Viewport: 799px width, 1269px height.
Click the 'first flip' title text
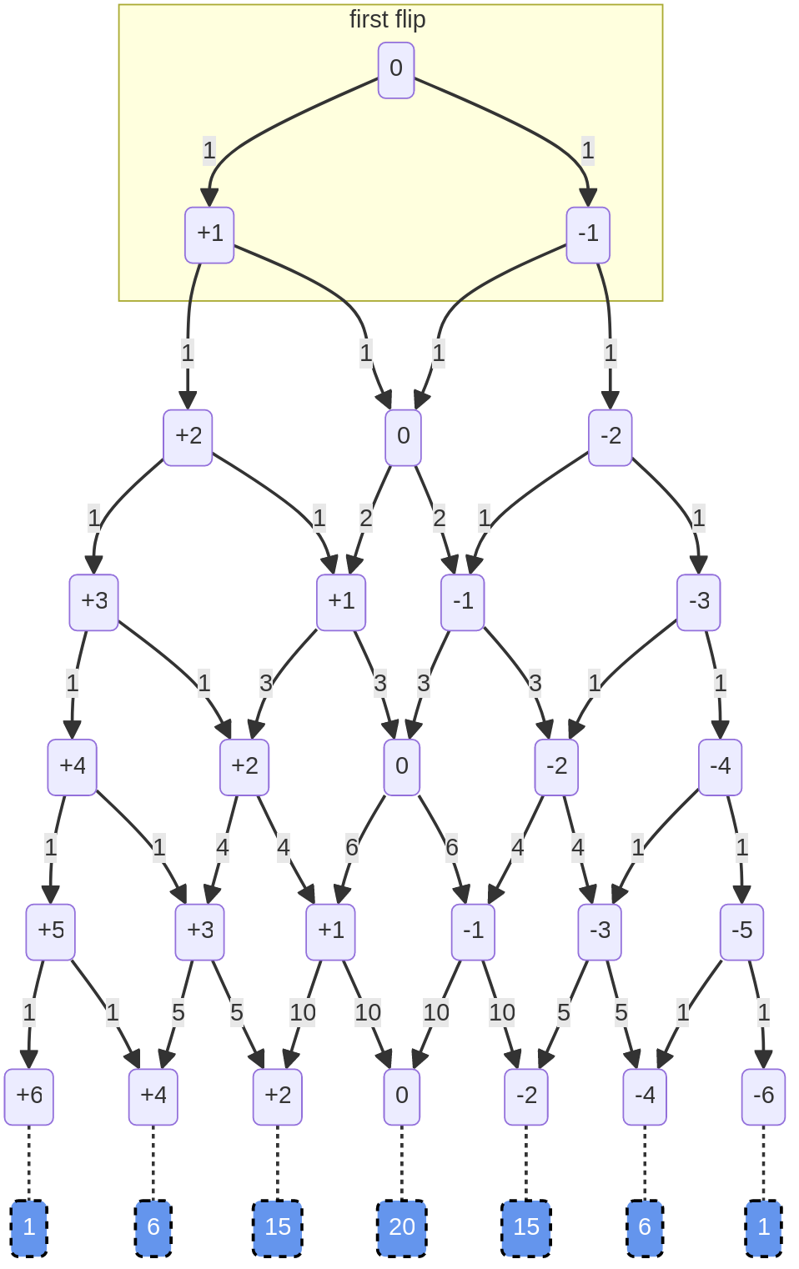click(387, 19)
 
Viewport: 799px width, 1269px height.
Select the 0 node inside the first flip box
click(396, 70)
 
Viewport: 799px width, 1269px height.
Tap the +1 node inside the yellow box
click(209, 234)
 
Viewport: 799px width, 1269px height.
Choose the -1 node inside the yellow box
click(588, 234)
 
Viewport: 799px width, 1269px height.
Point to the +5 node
click(51, 931)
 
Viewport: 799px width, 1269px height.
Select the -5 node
click(741, 931)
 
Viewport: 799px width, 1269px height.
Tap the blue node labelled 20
click(402, 1227)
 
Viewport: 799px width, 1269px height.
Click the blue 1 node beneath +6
click(29, 1227)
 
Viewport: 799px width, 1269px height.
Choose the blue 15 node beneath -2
click(526, 1227)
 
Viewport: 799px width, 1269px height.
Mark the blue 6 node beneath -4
click(645, 1227)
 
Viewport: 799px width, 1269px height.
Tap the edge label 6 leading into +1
click(352, 848)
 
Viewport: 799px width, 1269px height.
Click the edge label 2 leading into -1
click(440, 519)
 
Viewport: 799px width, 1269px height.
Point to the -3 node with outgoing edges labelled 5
click(600, 931)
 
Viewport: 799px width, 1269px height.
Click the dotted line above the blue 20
click(402, 1162)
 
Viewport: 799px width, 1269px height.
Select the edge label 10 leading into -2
click(501, 1012)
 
